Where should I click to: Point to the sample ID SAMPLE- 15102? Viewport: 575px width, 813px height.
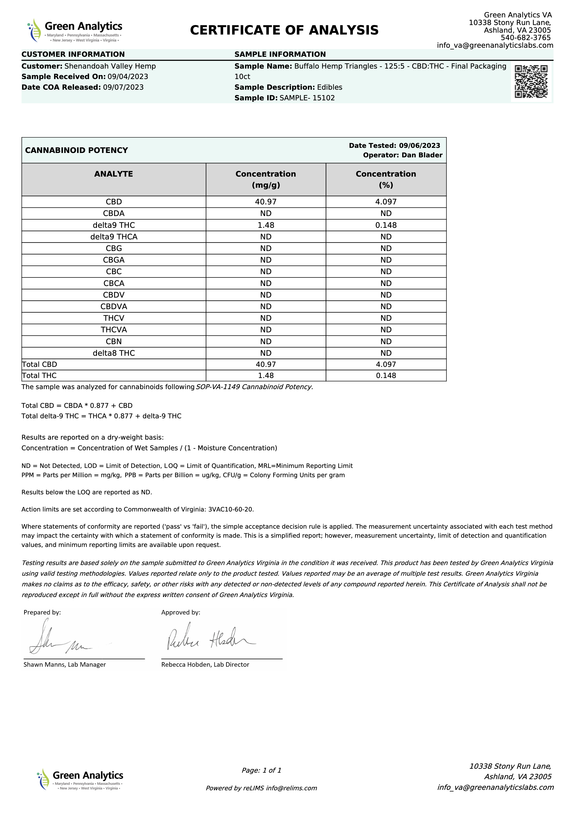point(307,98)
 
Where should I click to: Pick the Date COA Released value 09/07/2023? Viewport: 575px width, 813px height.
point(123,87)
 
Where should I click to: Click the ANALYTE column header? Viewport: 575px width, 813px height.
point(113,174)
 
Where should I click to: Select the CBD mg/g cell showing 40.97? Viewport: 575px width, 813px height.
point(266,202)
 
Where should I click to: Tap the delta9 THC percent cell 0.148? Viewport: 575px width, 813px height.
point(386,225)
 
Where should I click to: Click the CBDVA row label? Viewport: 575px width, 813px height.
point(114,306)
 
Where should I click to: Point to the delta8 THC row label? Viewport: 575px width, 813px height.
point(114,353)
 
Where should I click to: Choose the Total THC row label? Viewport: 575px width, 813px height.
point(39,375)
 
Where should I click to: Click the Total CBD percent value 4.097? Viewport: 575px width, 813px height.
point(386,364)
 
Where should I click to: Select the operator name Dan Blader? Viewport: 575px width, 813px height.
point(422,155)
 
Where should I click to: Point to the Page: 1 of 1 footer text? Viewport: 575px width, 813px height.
point(261,770)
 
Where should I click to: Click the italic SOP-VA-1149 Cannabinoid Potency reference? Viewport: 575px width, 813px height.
point(254,387)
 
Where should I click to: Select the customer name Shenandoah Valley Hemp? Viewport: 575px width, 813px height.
point(110,66)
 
